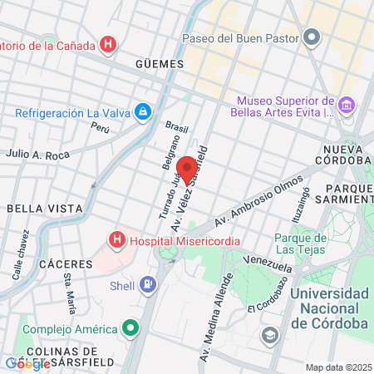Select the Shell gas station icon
pyautogui.click(x=148, y=285)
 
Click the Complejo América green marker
pyautogui.click(x=130, y=328)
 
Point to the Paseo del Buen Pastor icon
pyautogui.click(x=312, y=37)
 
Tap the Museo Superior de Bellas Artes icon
pyautogui.click(x=347, y=106)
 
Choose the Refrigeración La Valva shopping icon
pyautogui.click(x=143, y=111)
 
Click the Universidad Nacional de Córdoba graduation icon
pyautogui.click(x=269, y=334)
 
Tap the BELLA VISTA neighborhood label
pyautogui.click(x=43, y=208)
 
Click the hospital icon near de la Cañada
pyautogui.click(x=107, y=43)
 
